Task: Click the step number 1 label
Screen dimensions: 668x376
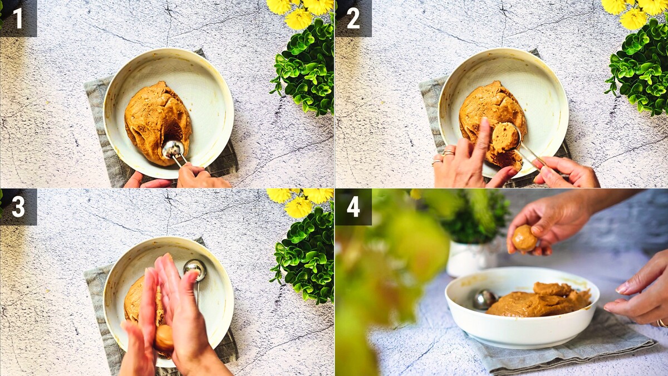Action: point(18,18)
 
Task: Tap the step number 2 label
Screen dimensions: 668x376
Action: point(353,18)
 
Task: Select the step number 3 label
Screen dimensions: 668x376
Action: point(18,207)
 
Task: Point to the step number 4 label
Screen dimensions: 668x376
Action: point(353,207)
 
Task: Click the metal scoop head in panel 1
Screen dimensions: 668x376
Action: point(173,149)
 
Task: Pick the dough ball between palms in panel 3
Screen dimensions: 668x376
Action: point(164,338)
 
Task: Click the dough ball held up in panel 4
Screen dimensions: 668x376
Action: point(524,238)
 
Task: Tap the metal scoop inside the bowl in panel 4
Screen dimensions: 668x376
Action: point(485,299)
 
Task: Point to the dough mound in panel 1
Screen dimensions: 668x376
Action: point(158,123)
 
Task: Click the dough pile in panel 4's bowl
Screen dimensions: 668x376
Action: point(539,300)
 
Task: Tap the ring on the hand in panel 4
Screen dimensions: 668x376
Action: point(661,323)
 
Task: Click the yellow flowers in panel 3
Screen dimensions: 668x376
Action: point(299,202)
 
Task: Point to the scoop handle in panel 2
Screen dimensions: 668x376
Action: point(534,157)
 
